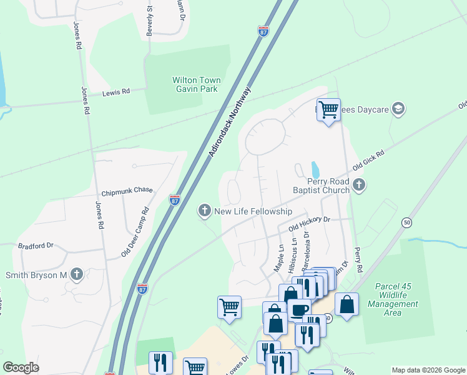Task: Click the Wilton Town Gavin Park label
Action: (x=196, y=84)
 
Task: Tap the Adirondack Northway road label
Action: (x=230, y=121)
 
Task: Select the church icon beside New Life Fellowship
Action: (x=204, y=211)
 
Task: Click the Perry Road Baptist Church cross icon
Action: (x=358, y=184)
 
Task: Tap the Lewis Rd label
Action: (x=116, y=91)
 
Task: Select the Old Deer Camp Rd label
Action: (x=135, y=232)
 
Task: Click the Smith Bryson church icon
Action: (x=76, y=274)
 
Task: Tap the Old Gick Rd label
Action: (x=368, y=160)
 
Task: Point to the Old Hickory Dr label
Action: (x=309, y=224)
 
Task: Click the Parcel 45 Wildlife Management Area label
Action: (x=396, y=299)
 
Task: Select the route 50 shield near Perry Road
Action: (x=407, y=222)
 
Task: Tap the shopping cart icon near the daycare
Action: (x=328, y=110)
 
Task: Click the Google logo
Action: (x=21, y=367)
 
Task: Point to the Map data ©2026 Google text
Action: (x=428, y=370)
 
